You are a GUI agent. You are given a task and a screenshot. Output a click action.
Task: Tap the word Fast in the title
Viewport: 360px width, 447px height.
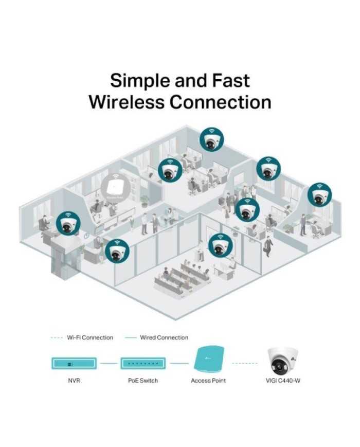point(230,81)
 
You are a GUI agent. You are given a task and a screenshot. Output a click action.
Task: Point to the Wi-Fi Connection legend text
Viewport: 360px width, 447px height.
point(89,337)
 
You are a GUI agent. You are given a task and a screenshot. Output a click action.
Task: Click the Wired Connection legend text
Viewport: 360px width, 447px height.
point(164,337)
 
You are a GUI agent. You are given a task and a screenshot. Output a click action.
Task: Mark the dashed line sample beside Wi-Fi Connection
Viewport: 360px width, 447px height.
point(57,337)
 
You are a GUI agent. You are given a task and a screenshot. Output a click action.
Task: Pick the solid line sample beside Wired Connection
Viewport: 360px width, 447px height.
point(131,337)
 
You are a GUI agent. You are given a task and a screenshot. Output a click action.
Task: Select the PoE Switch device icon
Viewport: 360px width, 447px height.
point(142,363)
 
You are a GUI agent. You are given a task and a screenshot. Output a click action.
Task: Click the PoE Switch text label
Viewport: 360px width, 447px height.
point(142,381)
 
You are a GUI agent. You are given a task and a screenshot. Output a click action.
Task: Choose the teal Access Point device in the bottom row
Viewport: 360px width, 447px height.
point(208,362)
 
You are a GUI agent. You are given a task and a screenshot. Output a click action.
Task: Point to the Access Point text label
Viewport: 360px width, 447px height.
point(208,381)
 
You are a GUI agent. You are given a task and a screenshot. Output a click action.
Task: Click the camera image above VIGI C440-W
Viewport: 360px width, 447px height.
point(283,362)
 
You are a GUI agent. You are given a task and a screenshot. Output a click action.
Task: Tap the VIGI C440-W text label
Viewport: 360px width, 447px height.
point(283,381)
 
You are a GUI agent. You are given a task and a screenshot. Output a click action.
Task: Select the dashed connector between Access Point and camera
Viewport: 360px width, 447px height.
point(245,363)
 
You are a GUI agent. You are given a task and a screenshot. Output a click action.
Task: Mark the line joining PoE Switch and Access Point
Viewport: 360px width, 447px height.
point(178,363)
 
